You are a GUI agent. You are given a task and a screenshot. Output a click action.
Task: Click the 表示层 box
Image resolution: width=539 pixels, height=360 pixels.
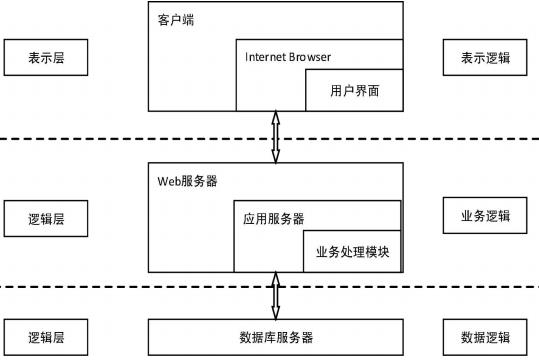pyautogui.click(x=46, y=57)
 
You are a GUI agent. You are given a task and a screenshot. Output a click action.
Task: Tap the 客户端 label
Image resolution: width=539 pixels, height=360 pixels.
pyautogui.click(x=176, y=20)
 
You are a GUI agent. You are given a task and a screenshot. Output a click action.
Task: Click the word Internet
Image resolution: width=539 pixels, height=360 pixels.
pyautogui.click(x=264, y=57)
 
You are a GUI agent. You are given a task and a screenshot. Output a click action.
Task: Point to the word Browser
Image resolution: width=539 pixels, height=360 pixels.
pyautogui.click(x=309, y=57)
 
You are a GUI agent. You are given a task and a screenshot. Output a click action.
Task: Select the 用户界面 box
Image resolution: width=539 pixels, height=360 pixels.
pyautogui.click(x=354, y=90)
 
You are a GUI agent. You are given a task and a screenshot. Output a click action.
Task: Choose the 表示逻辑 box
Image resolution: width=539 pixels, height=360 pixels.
pyautogui.click(x=485, y=57)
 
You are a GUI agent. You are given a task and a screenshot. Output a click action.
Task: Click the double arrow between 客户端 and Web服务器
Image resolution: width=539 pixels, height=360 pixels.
pyautogui.click(x=275, y=137)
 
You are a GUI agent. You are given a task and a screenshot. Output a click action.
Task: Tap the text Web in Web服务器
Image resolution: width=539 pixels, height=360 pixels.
pyautogui.click(x=169, y=181)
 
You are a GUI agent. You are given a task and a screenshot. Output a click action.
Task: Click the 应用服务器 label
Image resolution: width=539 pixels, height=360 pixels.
pyautogui.click(x=274, y=219)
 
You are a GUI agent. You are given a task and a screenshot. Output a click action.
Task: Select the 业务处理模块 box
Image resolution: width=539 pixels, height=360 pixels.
pyautogui.click(x=352, y=251)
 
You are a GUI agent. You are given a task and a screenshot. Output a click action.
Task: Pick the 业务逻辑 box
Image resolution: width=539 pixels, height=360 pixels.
pyautogui.click(x=485, y=216)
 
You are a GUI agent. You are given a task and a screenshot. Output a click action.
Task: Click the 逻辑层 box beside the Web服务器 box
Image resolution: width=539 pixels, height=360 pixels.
pyautogui.click(x=46, y=219)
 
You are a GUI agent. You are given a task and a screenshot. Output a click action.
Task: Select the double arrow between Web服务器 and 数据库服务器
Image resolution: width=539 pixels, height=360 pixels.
pyautogui.click(x=275, y=296)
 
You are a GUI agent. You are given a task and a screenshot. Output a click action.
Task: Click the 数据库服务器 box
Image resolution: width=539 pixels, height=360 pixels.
pyautogui.click(x=275, y=337)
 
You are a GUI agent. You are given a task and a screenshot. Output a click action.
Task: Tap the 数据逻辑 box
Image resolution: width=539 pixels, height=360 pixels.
pyautogui.click(x=485, y=337)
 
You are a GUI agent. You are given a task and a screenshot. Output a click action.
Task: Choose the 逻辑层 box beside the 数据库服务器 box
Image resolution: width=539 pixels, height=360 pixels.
pyautogui.click(x=46, y=337)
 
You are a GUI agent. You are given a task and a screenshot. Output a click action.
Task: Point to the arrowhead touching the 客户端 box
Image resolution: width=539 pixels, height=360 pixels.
pyautogui.click(x=275, y=117)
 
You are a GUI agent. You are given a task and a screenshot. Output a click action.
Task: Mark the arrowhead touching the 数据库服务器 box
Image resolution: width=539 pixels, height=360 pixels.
pyautogui.click(x=275, y=314)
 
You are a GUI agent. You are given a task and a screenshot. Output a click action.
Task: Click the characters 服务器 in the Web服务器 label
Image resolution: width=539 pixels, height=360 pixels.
pyautogui.click(x=199, y=181)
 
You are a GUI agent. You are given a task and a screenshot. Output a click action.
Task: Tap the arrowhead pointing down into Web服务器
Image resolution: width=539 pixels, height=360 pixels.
pyautogui.click(x=275, y=157)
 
